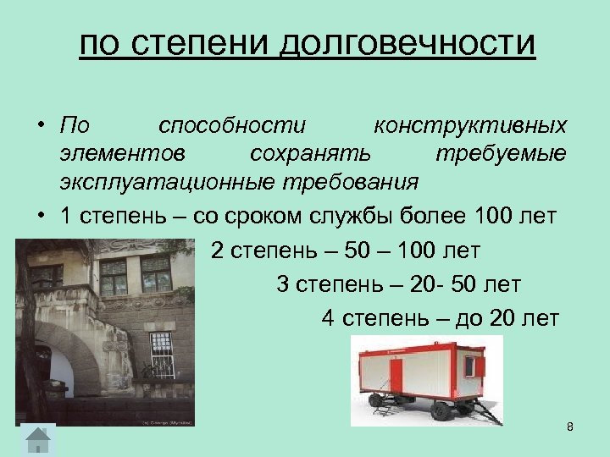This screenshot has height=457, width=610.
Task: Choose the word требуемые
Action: (501, 153)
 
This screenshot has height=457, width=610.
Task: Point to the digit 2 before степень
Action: (215, 251)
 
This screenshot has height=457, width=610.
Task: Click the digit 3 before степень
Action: (283, 284)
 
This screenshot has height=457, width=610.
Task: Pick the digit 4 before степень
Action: (328, 318)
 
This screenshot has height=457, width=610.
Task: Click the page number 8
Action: (570, 427)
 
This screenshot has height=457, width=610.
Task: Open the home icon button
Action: (37, 440)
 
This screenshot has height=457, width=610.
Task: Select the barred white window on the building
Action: (162, 355)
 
